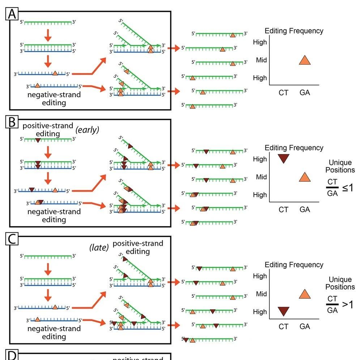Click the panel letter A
click(12, 14)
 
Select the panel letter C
click(12, 239)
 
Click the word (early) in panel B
click(87, 130)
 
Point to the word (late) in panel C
click(99, 248)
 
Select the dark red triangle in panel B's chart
click(284, 159)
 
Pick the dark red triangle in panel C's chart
click(284, 311)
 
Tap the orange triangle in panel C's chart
click(305, 294)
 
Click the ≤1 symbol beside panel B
click(348, 188)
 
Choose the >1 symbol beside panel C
click(348, 305)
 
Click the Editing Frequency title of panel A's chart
click(294, 31)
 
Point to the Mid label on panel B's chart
click(261, 177)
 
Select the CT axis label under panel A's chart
click(284, 93)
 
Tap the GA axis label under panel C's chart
click(305, 326)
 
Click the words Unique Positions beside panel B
click(340, 166)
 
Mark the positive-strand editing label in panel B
click(48, 129)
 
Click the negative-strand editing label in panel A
click(54, 98)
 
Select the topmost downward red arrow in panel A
click(48, 35)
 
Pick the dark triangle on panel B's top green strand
click(38, 140)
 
